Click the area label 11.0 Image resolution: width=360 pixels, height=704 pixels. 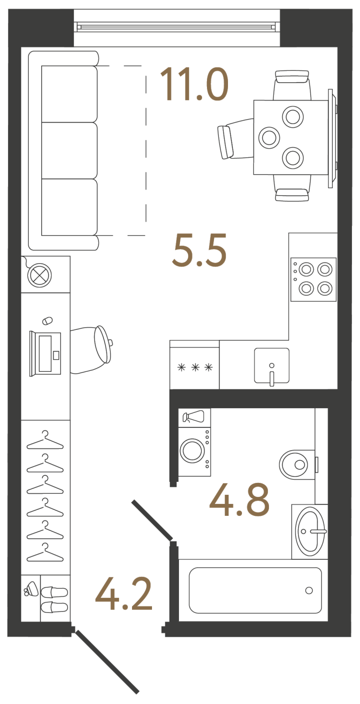coord(194,84)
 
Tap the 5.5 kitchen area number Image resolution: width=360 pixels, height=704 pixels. coord(199,250)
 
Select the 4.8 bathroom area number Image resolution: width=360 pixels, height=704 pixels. coord(239,499)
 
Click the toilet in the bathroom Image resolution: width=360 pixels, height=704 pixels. coord(297,464)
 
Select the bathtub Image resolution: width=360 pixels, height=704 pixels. coord(255,590)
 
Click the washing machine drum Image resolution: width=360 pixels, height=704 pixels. coord(193,450)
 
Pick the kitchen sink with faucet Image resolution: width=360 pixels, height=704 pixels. coord(271,366)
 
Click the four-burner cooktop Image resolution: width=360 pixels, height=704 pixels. coord(313,279)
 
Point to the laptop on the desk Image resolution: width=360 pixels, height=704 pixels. coord(45,354)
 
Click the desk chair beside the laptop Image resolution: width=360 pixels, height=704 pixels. coord(91,349)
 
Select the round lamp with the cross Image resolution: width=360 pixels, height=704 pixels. coord(39,276)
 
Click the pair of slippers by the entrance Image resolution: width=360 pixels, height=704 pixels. coord(54,599)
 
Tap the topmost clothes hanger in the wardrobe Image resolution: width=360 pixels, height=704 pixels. coord(45,440)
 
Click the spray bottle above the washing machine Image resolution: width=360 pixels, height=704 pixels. coord(193,417)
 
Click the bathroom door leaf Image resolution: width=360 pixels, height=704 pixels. coord(152,520)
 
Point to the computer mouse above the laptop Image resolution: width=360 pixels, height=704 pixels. coord(47,321)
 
